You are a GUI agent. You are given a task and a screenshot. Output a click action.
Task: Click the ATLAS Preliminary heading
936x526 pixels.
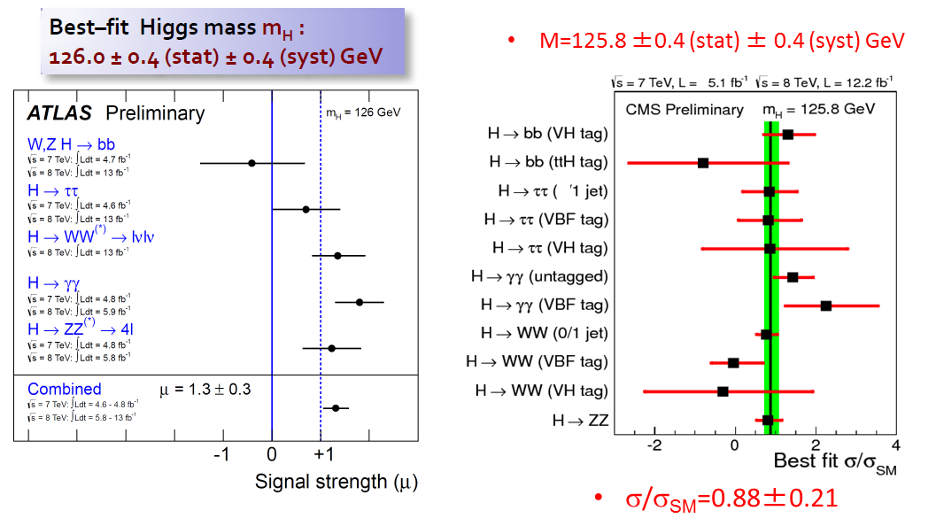coord(115,112)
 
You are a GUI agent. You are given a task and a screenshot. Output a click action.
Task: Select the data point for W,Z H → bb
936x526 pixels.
coord(251,163)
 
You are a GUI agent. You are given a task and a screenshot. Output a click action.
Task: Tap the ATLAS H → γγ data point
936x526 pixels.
coord(359,302)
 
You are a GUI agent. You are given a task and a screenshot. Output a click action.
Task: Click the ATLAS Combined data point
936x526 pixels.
coord(336,408)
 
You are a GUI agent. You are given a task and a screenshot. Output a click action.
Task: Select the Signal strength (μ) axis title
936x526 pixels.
coord(336,482)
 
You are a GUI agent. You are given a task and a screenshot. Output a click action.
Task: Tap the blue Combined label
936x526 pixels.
coord(64,389)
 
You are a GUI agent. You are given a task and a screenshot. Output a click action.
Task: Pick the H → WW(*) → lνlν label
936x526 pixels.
coord(91,236)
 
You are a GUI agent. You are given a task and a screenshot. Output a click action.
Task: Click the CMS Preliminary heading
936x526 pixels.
coord(685,110)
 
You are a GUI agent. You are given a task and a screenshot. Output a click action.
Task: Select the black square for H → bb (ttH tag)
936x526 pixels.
coord(703,163)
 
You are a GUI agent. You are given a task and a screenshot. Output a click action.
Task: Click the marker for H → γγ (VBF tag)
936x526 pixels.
coord(826,306)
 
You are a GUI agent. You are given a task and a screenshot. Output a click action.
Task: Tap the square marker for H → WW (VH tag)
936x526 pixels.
coord(723,391)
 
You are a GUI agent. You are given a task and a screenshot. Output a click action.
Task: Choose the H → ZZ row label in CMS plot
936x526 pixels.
coord(580,420)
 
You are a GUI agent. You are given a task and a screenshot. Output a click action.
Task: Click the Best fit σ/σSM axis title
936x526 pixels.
coord(835,462)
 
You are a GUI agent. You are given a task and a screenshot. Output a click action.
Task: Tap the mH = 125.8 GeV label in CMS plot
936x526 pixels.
coord(818,110)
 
